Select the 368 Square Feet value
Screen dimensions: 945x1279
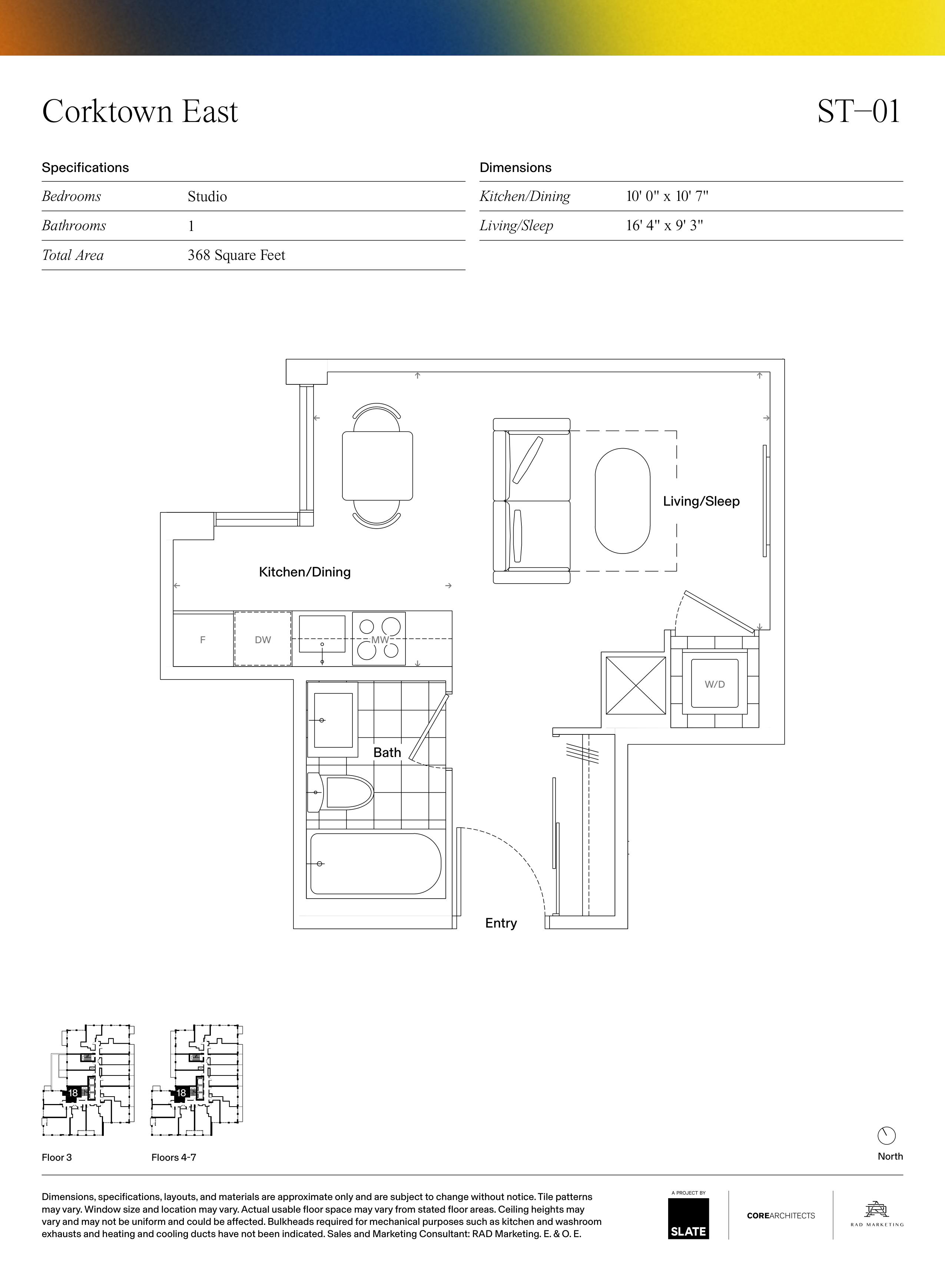(236, 255)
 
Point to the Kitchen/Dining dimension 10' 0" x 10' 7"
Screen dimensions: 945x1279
(667, 196)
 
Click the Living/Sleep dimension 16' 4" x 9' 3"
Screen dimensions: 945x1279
(664, 225)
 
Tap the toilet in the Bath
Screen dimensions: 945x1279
(340, 793)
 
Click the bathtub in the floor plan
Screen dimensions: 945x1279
(376, 863)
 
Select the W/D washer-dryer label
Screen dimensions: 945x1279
(714, 684)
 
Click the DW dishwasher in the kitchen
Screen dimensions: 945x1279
(263, 639)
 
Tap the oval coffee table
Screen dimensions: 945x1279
(622, 501)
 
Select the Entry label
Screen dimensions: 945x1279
(501, 923)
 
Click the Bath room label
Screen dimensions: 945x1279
(387, 753)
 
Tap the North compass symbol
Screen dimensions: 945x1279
(886, 1136)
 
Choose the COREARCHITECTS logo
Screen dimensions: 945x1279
(781, 1216)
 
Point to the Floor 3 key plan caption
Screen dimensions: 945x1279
(57, 1157)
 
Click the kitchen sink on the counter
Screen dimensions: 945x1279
(322, 634)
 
